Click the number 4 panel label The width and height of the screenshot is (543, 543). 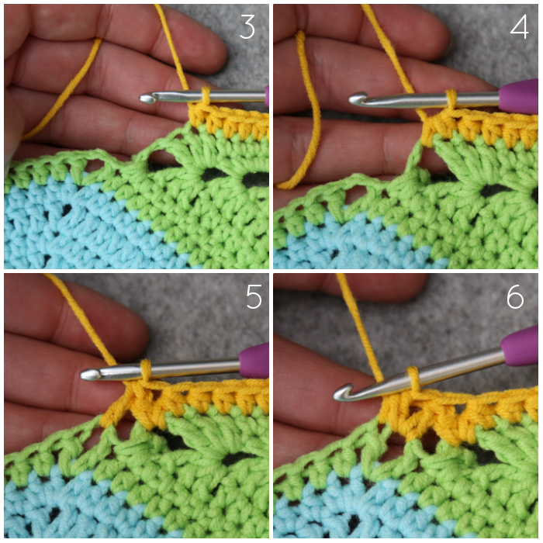[519, 26]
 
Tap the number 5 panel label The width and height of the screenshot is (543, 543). [254, 296]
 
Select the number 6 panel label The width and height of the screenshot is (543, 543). [515, 296]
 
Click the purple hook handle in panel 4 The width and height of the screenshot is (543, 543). [518, 96]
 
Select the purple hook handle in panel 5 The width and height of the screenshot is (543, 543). [254, 360]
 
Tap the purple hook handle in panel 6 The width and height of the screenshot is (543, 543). [521, 346]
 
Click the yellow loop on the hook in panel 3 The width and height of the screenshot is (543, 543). [206, 95]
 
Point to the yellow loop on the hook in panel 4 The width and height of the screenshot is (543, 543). [451, 99]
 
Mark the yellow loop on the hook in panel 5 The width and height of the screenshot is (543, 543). [146, 370]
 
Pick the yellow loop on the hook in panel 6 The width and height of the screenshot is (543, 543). [413, 379]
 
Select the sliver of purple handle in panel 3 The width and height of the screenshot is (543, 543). [267, 96]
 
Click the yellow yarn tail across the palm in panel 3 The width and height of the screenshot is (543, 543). [62, 90]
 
